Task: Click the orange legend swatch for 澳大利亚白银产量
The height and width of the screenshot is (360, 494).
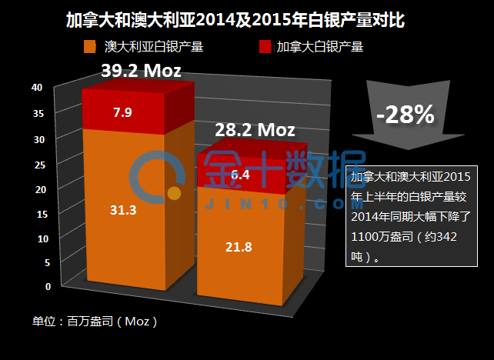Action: [90, 47]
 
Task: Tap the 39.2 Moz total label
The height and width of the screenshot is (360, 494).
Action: [141, 72]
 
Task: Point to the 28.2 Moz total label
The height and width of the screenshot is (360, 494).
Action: [255, 130]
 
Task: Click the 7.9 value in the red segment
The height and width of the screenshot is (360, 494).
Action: [122, 113]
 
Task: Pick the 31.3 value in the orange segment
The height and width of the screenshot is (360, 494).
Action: [123, 209]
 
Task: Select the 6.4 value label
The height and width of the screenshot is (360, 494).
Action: [239, 175]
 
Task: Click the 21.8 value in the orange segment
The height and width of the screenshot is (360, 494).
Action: [239, 247]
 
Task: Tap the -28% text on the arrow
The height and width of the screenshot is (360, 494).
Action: [405, 115]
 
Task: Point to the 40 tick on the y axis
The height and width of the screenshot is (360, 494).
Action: [36, 88]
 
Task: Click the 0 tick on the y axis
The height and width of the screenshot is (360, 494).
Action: [48, 286]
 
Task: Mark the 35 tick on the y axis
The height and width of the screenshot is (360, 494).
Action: [38, 113]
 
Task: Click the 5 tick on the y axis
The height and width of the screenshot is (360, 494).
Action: [47, 262]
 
